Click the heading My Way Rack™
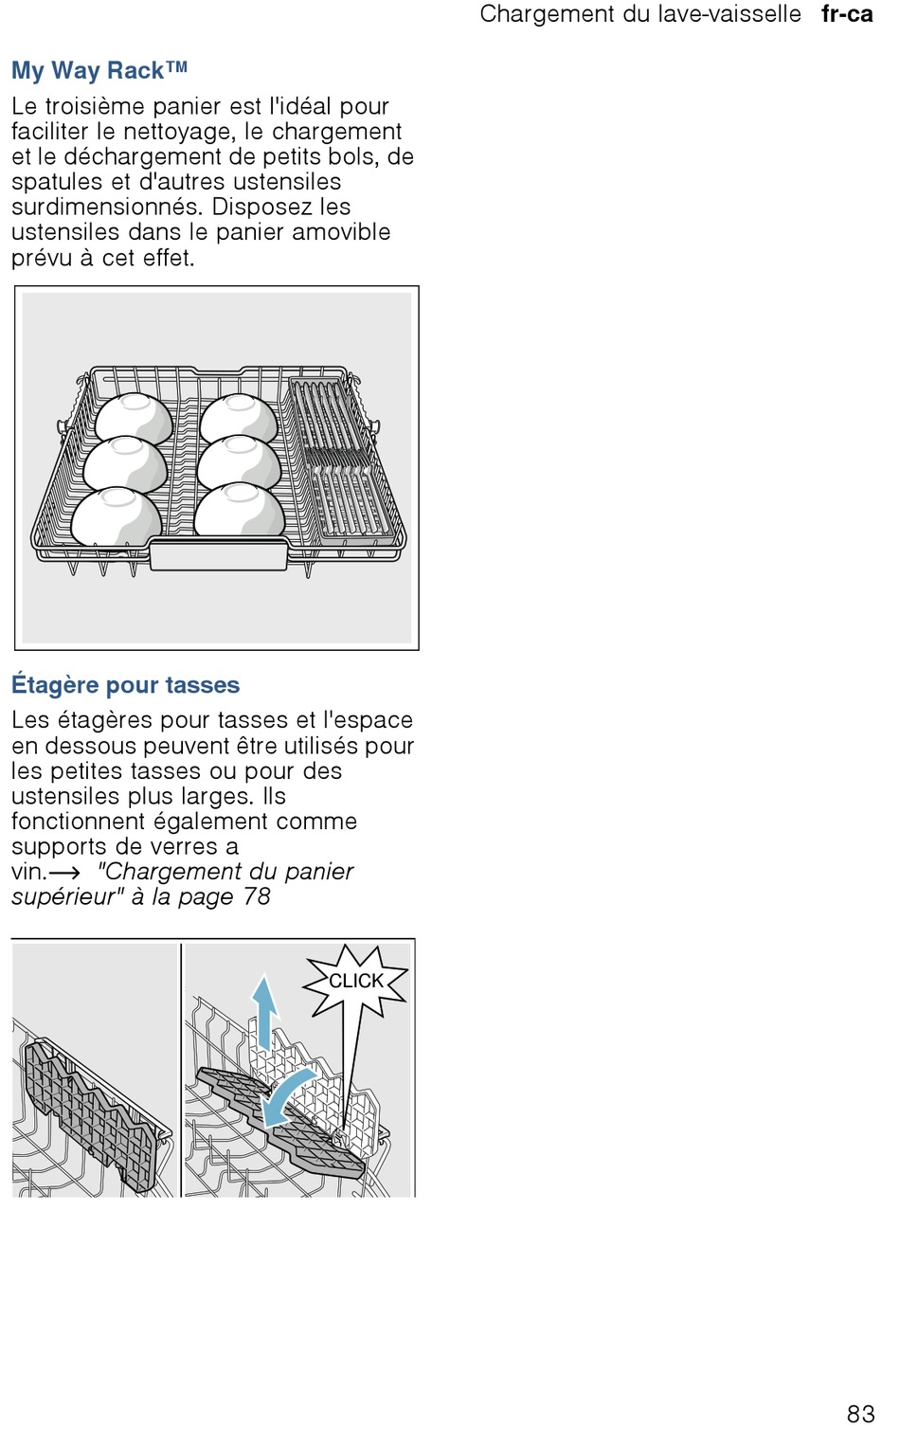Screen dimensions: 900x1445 click(99, 70)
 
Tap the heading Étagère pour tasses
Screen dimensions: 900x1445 click(125, 684)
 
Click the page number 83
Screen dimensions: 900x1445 click(860, 1414)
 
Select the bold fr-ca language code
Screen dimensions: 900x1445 click(847, 14)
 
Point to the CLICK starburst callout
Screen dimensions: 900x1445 click(356, 981)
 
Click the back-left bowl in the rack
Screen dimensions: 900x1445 click(134, 417)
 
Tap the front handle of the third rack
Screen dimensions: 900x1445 click(218, 554)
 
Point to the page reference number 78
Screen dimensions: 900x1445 click(257, 896)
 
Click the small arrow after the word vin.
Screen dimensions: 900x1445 click(64, 873)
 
